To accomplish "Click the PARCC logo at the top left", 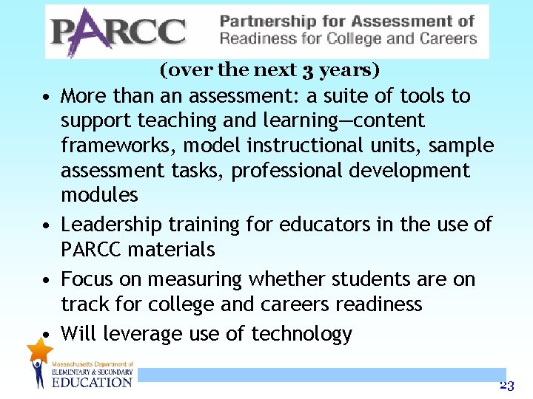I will pyautogui.click(x=118, y=31).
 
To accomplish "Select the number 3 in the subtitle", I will pyautogui.click(x=305, y=71).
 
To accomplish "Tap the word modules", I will pyautogui.click(x=99, y=195).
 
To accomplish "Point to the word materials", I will pyautogui.click(x=171, y=250).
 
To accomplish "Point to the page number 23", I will pyautogui.click(x=506, y=385).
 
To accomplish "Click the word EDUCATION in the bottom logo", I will pyautogui.click(x=91, y=382).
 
